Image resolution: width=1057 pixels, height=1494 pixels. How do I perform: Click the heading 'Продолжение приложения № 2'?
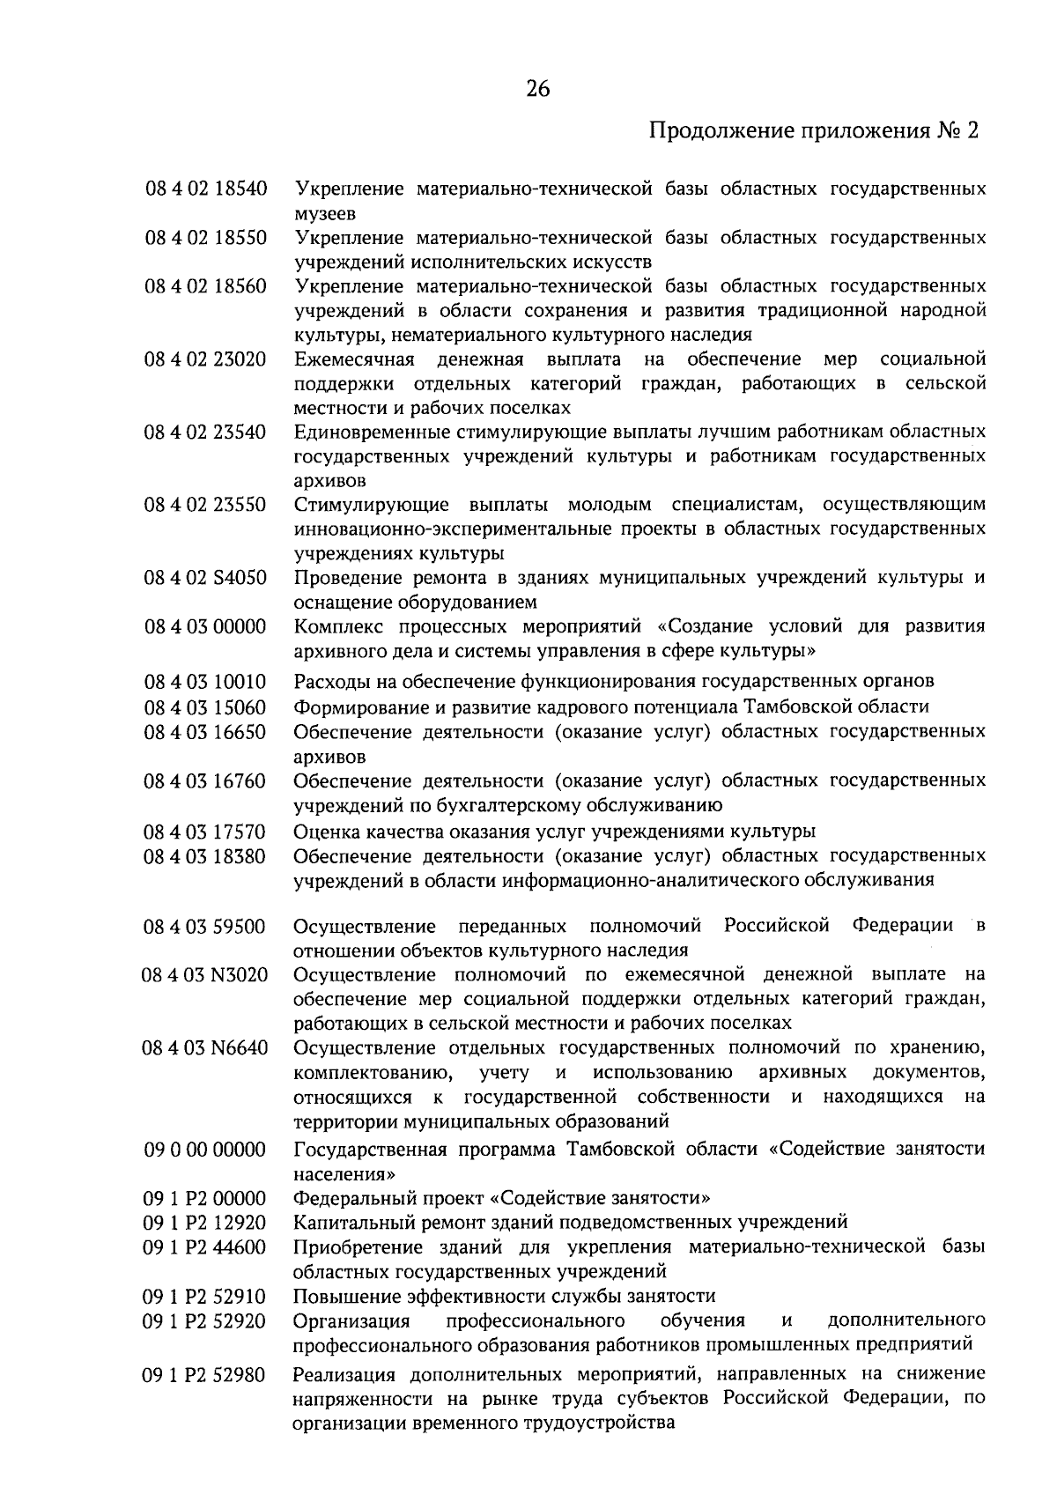tap(814, 132)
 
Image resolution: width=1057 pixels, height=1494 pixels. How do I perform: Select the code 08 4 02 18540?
tap(205, 189)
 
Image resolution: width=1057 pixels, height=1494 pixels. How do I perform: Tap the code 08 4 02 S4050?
tap(205, 578)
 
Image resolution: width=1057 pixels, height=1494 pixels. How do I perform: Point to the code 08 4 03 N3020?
tap(205, 974)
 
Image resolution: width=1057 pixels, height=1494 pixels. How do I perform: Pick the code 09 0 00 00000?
tap(205, 1150)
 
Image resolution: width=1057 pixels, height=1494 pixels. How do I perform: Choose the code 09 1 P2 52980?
tap(205, 1374)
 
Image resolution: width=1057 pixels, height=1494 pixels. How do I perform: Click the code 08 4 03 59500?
tap(205, 927)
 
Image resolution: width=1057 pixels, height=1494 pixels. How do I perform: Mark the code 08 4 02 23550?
tap(205, 505)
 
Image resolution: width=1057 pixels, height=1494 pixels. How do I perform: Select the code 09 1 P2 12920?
tap(205, 1223)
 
